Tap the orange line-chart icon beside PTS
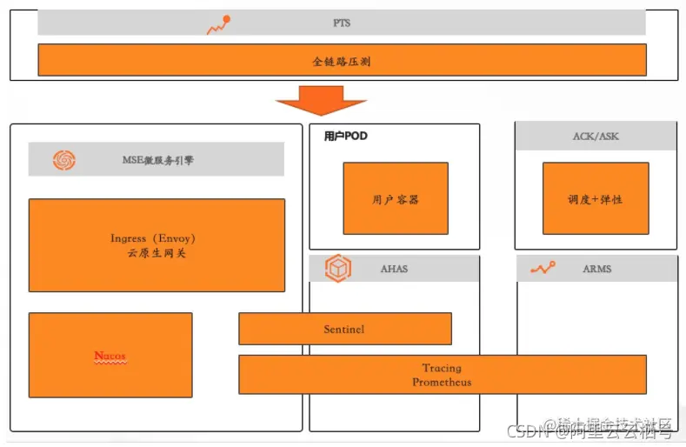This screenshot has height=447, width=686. pos(218,25)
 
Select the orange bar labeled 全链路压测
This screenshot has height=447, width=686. pos(342,61)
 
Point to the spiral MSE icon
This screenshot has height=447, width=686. pos(64,160)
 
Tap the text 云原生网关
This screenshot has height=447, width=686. pos(157,253)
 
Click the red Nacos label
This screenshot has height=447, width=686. pos(110,357)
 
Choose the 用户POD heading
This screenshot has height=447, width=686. pos(345,137)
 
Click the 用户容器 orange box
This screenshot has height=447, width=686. pos(396,198)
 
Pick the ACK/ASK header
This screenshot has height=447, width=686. pos(596,137)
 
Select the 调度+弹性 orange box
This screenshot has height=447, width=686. pos(596,198)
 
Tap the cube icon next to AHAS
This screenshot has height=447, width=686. pos(337,269)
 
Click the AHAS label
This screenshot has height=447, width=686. pos(394,270)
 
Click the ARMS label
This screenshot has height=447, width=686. pos(596,270)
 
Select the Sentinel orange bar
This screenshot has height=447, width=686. pos(344,330)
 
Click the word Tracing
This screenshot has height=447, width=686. pos(442,368)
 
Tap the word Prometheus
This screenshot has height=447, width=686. pos(442,382)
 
